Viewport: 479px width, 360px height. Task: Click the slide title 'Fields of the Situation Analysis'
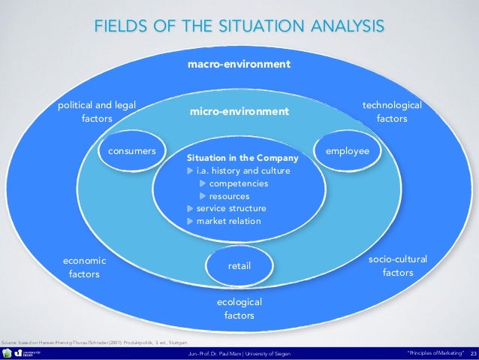239,27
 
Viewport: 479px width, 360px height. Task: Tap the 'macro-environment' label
239,65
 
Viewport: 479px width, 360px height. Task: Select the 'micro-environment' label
239,112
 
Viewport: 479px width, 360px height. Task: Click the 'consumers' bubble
132,151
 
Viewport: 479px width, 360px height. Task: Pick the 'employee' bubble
347,151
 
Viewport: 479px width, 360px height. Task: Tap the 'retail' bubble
239,266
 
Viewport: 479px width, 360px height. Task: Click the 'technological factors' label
392,112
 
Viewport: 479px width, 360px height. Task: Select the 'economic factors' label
84,267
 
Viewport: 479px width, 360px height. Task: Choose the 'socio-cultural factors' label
397,265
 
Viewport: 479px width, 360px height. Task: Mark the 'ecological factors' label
239,308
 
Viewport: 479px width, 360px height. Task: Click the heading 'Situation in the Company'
243,159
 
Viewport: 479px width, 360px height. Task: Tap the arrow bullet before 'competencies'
203,183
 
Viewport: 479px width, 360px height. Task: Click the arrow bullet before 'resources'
203,196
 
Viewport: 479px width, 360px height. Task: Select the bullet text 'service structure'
230,208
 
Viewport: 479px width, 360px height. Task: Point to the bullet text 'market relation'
228,221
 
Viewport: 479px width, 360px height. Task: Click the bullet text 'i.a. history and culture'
243,171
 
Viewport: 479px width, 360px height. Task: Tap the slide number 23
473,353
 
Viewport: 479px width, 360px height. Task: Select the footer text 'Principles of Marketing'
435,353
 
